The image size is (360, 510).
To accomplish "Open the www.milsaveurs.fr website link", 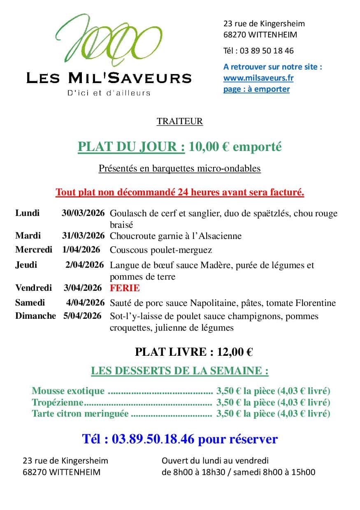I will pyautogui.click(x=258, y=78).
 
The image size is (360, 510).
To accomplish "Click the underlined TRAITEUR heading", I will pyautogui.click(x=179, y=121).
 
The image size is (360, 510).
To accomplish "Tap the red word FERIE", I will pyautogui.click(x=125, y=288).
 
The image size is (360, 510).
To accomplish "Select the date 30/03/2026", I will pyautogui.click(x=83, y=213).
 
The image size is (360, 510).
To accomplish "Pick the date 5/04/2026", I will pyautogui.click(x=82, y=316).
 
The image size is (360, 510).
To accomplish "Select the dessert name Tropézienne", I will pyautogui.click(x=57, y=402).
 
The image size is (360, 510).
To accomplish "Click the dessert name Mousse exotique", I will pyautogui.click(x=68, y=391).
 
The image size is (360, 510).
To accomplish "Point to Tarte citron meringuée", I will pyautogui.click(x=80, y=414).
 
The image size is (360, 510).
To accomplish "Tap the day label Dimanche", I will pyautogui.click(x=35, y=316).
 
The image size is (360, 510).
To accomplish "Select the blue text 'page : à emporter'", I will pyautogui.click(x=256, y=89).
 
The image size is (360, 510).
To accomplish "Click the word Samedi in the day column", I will pyautogui.click(x=30, y=303).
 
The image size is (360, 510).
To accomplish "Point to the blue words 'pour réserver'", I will pyautogui.click(x=238, y=439).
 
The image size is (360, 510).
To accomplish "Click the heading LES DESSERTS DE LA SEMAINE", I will pyautogui.click(x=179, y=371).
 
